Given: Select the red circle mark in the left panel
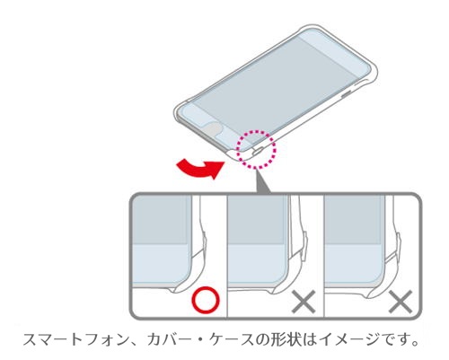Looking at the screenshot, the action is [206, 300].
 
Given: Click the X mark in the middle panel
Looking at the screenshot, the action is [304, 302].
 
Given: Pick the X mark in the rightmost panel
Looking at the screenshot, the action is [401, 302].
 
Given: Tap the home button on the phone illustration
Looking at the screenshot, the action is [213, 129].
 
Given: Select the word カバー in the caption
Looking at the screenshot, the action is [169, 340].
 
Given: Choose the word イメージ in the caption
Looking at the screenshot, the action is [349, 340].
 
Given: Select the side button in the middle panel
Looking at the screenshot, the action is [304, 243].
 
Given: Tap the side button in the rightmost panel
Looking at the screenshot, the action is [399, 243].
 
